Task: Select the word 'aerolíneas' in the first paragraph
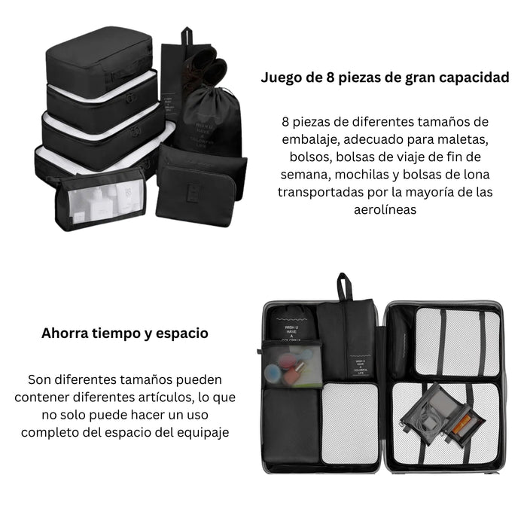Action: point(385,209)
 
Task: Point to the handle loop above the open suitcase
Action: point(343,286)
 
